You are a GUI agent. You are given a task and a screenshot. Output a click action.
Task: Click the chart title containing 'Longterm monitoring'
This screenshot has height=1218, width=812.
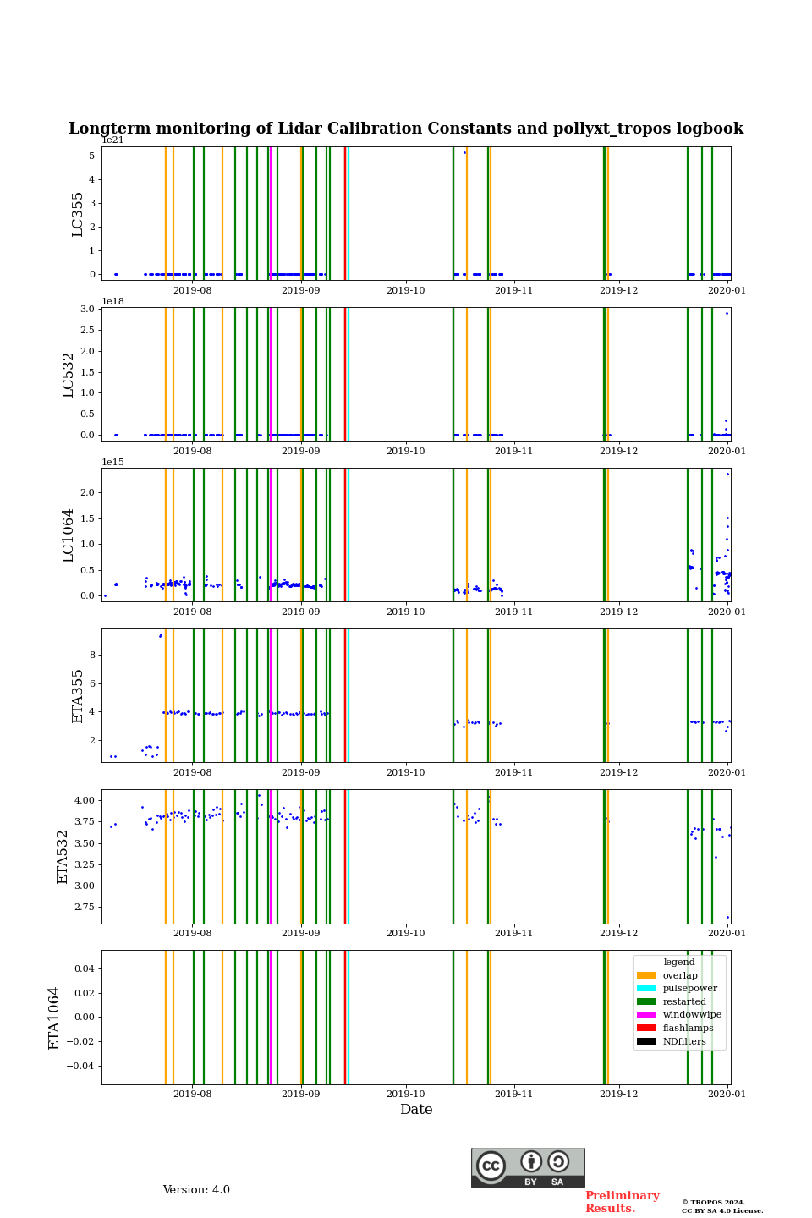coord(406,129)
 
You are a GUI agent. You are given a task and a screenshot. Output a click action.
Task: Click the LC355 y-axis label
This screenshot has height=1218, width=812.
coord(78,214)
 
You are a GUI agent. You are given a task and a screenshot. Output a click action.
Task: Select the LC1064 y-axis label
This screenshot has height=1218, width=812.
coord(69,535)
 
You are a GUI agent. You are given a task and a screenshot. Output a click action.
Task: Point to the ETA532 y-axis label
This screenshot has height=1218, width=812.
coord(63,857)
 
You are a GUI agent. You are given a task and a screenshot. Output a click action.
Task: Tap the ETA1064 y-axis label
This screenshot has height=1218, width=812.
coord(54,1018)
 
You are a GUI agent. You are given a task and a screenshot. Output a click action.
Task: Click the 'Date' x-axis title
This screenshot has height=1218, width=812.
coord(416,1110)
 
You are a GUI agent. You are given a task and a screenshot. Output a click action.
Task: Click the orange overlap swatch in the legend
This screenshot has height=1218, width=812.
coord(646,975)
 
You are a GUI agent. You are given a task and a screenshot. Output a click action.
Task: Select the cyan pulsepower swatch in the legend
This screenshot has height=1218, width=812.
coord(646,988)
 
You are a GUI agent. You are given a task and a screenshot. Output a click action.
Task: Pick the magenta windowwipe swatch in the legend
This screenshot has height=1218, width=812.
coord(646,1015)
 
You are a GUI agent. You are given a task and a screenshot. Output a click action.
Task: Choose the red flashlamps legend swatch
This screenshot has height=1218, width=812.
coord(646,1028)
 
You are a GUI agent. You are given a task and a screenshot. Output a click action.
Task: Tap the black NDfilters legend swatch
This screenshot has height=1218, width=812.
coord(646,1041)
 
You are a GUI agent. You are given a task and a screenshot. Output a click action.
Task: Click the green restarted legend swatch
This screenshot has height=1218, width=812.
coord(646,1001)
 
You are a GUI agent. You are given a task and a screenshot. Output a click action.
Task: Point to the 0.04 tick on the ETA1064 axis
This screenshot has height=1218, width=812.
coord(86,968)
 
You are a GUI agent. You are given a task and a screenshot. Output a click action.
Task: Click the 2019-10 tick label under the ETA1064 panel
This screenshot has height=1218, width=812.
coord(406,1094)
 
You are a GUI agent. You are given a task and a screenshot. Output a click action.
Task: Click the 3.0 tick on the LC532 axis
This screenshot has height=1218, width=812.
coord(88,309)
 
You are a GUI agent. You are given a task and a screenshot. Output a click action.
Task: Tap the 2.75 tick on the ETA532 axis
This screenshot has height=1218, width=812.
coord(84,907)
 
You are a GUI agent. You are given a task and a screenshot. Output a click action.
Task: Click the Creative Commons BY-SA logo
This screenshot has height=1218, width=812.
coord(528,1167)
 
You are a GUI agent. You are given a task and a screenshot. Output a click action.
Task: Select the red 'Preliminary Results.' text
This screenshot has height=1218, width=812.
coord(622,1202)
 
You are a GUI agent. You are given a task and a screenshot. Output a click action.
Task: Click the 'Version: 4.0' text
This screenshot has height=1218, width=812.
coord(196,1190)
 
